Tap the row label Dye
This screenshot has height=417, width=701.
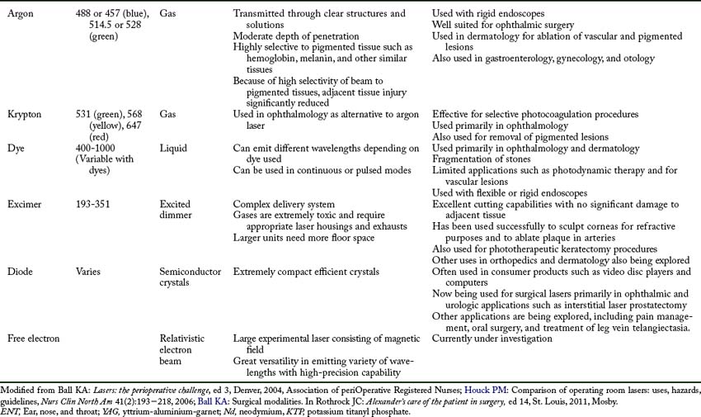click(16, 147)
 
